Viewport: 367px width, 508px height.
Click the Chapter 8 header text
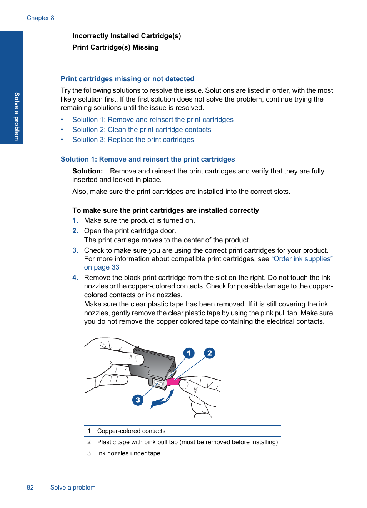(40, 18)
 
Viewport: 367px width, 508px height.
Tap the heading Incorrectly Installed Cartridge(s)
(127, 36)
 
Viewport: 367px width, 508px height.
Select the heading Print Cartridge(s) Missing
(115, 47)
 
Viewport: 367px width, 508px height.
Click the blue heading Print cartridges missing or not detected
(127, 79)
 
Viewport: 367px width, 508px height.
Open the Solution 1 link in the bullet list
(153, 120)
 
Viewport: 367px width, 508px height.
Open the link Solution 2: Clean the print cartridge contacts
(142, 130)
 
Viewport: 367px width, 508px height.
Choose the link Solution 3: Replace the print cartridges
(133, 140)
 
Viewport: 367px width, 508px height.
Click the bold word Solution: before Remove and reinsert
(87, 171)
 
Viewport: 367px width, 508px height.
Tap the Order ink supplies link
(302, 259)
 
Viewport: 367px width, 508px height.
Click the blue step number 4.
(75, 278)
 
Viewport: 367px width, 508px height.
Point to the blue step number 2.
(75, 231)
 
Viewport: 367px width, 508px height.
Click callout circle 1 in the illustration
(189, 353)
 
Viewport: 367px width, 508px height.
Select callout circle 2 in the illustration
(209, 353)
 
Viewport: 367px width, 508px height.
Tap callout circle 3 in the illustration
(138, 400)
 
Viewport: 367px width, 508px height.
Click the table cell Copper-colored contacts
(131, 431)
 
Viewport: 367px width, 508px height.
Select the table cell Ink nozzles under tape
(128, 453)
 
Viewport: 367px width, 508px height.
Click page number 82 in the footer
(30, 488)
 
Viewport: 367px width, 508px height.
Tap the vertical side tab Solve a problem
(17, 117)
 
